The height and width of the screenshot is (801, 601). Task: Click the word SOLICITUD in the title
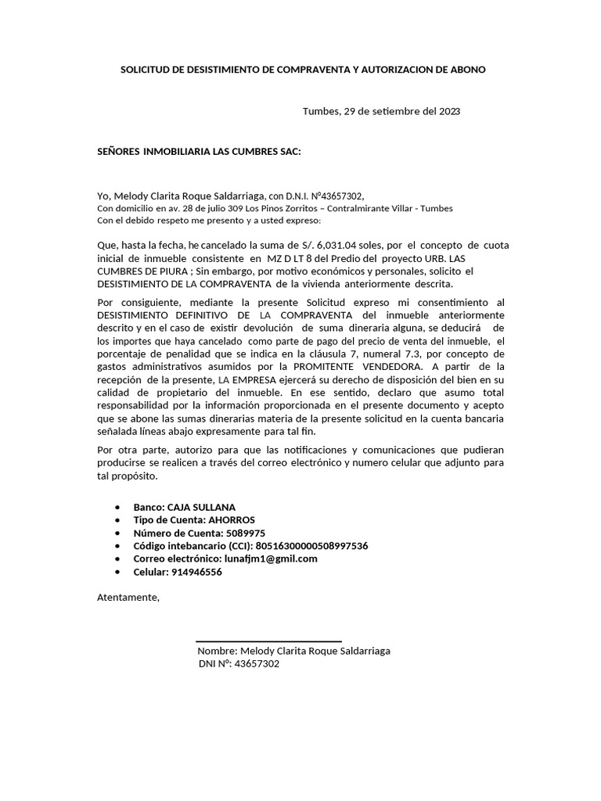(145, 70)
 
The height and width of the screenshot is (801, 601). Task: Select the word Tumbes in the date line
(321, 111)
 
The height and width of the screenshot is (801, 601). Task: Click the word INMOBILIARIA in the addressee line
(177, 151)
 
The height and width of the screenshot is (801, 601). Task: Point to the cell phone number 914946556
(196, 572)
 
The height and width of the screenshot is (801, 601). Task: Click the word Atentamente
(127, 598)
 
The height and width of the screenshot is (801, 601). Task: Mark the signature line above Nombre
(268, 641)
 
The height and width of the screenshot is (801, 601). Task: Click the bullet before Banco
(117, 508)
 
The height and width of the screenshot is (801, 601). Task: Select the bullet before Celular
(117, 572)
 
